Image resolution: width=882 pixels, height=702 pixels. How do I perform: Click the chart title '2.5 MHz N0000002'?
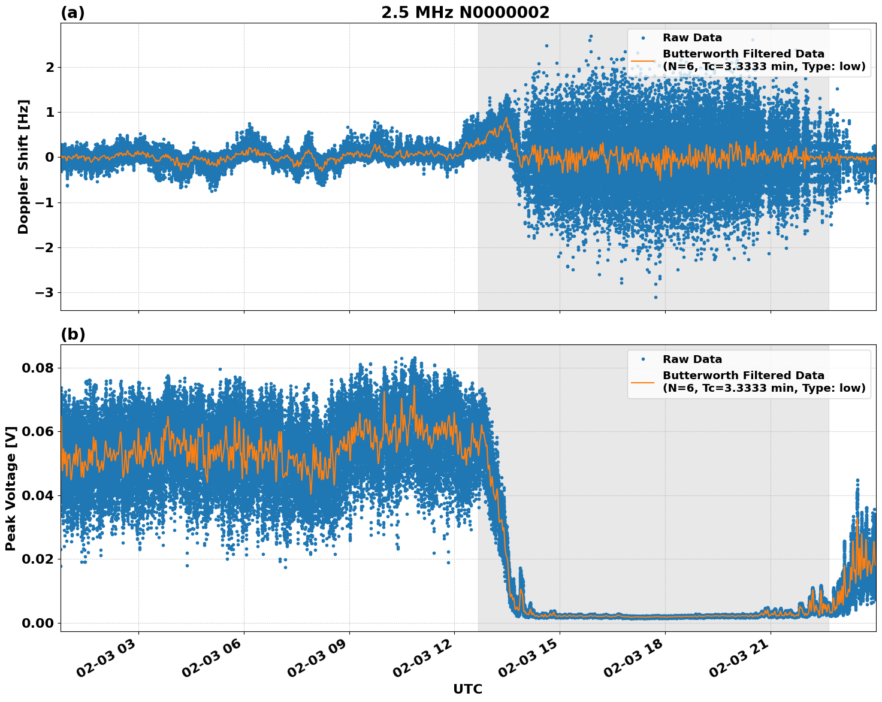[x=465, y=13]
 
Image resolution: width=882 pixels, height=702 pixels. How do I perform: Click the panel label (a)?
[x=73, y=13]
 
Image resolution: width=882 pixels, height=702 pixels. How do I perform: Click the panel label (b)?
[x=73, y=335]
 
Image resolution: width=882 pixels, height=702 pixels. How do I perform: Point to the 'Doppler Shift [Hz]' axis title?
[x=23, y=167]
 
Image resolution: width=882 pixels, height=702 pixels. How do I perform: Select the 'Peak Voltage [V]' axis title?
[x=10, y=488]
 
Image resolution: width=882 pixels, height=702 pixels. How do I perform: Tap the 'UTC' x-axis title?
[x=467, y=689]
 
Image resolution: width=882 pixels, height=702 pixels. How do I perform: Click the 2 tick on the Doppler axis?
[x=50, y=67]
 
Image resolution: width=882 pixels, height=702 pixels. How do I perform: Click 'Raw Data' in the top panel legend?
[x=692, y=38]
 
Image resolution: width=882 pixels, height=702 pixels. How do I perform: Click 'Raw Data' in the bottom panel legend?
[x=692, y=359]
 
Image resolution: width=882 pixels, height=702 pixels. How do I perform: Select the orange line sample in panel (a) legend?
[x=643, y=60]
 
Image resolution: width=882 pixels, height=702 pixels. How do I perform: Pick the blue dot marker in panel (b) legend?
[x=643, y=359]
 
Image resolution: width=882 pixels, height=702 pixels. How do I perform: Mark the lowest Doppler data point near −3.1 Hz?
[x=656, y=297]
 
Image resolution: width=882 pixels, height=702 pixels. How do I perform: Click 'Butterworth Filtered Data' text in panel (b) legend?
[x=743, y=376]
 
